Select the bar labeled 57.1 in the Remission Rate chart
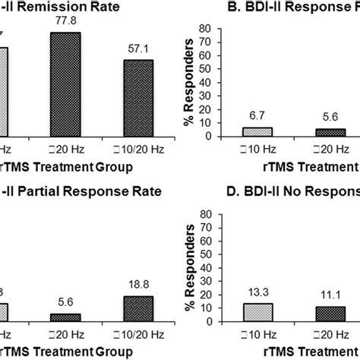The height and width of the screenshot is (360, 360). pos(138,99)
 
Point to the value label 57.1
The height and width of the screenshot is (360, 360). pos(138,50)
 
